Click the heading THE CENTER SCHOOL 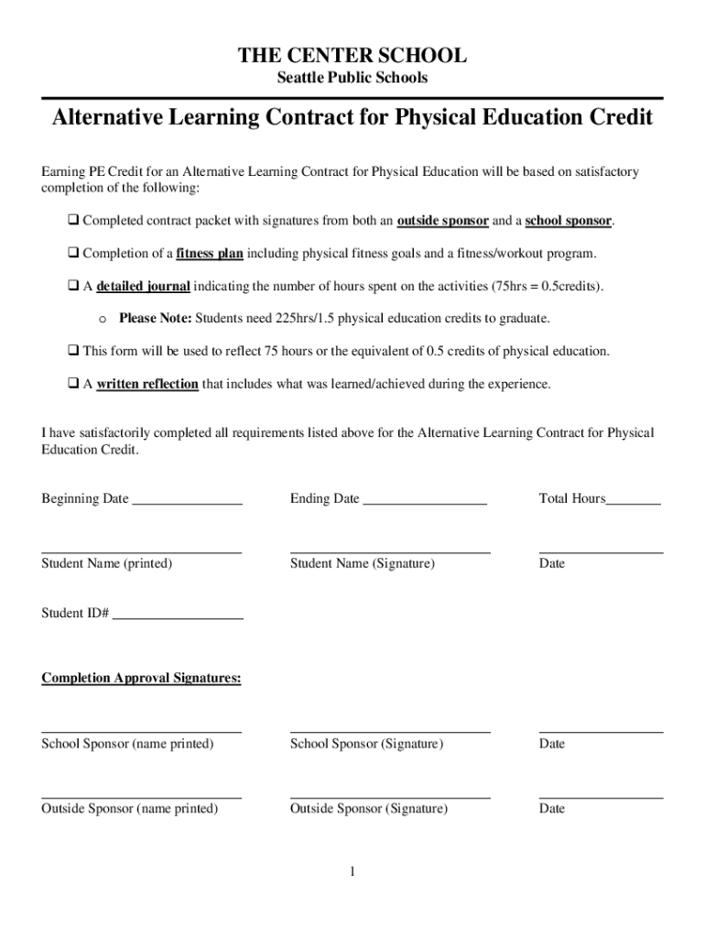pyautogui.click(x=352, y=56)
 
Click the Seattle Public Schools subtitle pyautogui.click(x=352, y=78)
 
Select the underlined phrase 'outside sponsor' pyautogui.click(x=442, y=222)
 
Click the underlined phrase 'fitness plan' pyautogui.click(x=210, y=254)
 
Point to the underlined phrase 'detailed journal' pyautogui.click(x=143, y=287)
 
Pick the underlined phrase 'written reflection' pyautogui.click(x=147, y=384)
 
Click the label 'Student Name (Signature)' pyautogui.click(x=363, y=563)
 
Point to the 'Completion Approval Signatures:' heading pyautogui.click(x=141, y=679)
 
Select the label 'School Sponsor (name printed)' pyautogui.click(x=127, y=744)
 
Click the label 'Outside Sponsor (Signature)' pyautogui.click(x=369, y=809)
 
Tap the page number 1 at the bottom pyautogui.click(x=352, y=873)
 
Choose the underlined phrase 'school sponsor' pyautogui.click(x=568, y=222)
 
